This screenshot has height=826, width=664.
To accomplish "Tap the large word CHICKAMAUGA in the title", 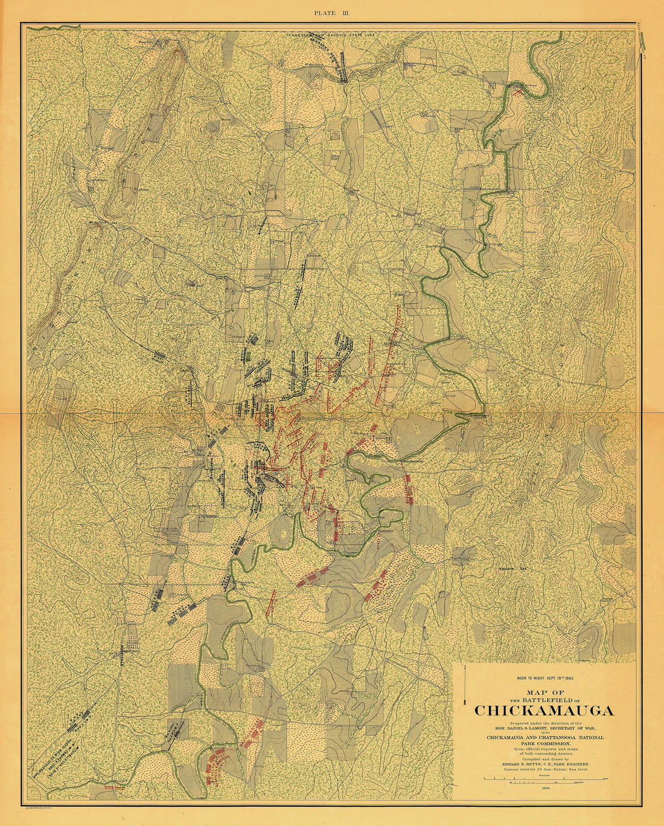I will [544, 711].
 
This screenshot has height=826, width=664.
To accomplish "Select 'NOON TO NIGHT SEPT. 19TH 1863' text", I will [544, 678].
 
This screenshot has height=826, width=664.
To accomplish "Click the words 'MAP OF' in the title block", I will [545, 692].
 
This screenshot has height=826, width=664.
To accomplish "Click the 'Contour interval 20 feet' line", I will [543, 769].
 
